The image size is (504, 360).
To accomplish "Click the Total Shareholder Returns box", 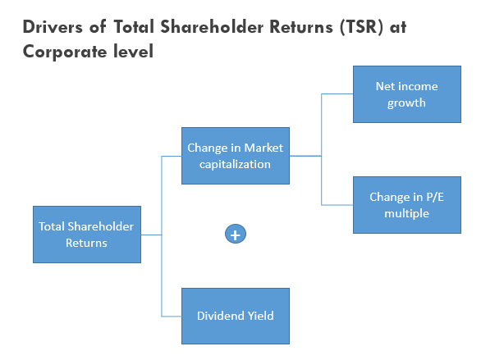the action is (87, 235).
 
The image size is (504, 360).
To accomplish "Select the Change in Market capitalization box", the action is (236, 156).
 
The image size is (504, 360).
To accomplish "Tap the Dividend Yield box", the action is (236, 316).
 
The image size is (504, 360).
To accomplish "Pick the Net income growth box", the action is (407, 94).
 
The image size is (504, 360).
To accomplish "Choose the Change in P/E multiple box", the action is (407, 205).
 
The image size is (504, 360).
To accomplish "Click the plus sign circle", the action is (236, 234).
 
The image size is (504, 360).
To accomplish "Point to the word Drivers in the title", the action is (53, 27).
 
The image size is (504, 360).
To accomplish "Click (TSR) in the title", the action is (362, 27).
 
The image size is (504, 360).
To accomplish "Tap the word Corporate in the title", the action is (65, 52).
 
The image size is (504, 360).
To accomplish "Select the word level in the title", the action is (134, 52).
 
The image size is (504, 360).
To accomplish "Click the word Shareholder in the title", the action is (212, 27).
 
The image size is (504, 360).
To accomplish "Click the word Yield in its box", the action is (260, 316).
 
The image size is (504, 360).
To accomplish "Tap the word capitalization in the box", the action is (235, 165).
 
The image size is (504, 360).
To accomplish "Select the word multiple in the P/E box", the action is (406, 213).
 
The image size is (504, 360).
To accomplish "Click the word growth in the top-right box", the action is (406, 103).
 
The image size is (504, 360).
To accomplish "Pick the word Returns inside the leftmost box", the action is (86, 243).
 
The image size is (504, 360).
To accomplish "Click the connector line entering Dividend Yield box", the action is (172, 317).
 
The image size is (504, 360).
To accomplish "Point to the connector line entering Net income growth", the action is (337, 94).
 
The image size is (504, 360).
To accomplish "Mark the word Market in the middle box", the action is (263, 148).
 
